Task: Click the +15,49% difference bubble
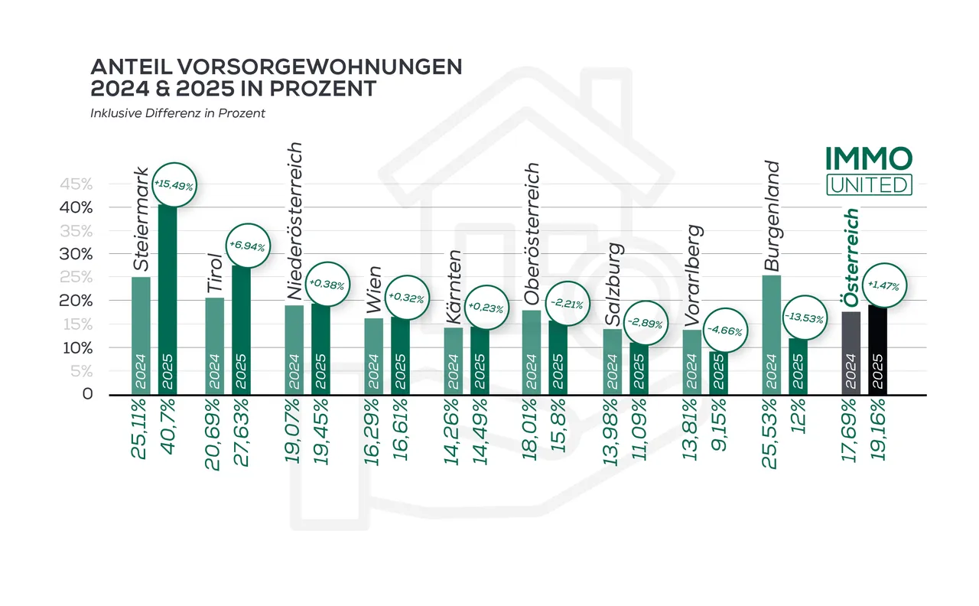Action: coord(175,184)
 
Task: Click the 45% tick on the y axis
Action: coord(76,184)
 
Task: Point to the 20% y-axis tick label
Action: coord(76,301)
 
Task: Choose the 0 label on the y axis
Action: coord(87,395)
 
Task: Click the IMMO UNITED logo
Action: coord(869,170)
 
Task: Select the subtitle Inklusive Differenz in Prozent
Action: coord(177,114)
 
